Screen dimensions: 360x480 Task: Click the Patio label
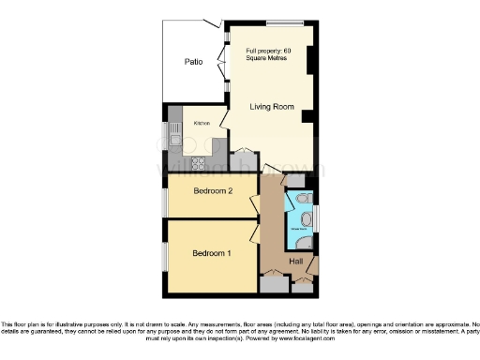pos(193,62)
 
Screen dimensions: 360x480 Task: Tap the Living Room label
pos(272,107)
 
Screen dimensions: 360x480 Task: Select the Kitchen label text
pos(202,124)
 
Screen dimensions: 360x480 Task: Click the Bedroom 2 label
pos(213,191)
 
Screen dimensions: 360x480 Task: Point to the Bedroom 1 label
pos(212,253)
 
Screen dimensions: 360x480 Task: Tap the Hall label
pos(296,261)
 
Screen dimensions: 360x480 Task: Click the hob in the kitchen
pos(199,164)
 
